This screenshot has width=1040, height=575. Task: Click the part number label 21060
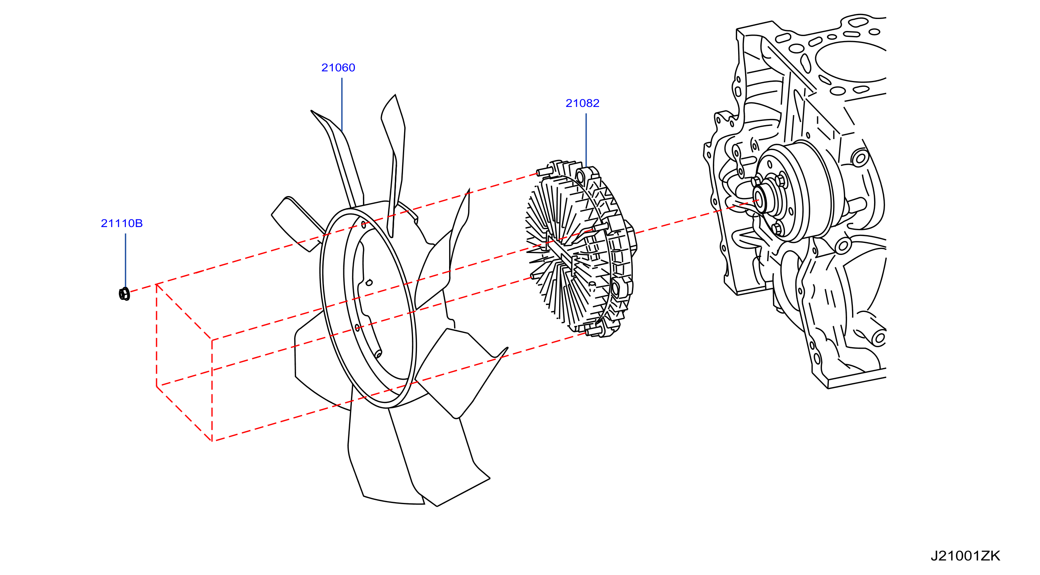338,67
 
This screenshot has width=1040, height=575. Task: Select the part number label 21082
582,103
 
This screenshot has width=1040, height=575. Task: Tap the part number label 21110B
122,223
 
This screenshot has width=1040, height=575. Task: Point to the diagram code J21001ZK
965,556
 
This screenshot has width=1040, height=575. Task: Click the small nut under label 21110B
124,294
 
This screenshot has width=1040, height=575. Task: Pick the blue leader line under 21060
342,105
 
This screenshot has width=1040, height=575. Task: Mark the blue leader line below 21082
586,140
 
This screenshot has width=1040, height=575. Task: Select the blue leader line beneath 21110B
126,260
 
